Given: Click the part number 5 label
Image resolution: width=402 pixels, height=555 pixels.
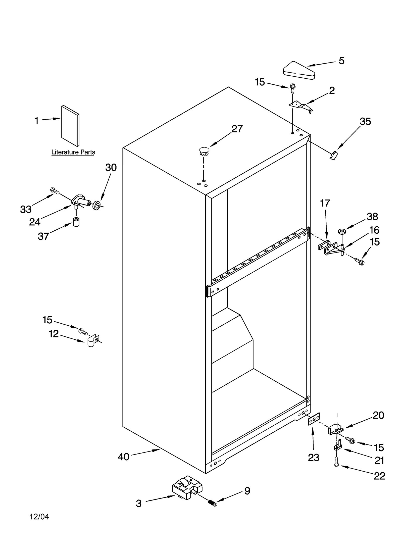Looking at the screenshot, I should tap(341, 61).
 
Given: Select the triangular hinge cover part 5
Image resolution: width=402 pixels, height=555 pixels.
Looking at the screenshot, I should tap(299, 71).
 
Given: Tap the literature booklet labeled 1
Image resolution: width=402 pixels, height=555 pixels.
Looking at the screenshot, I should tap(70, 126).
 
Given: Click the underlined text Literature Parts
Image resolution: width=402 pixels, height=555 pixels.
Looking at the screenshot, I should tap(73, 152).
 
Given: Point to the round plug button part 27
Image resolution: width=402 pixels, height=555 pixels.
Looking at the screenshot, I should tap(204, 151).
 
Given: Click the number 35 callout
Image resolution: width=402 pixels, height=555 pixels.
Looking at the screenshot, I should tap(365, 122).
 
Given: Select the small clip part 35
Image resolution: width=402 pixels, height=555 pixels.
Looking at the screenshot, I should tap(333, 156).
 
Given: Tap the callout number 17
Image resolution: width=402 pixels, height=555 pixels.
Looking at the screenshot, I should tap(325, 203).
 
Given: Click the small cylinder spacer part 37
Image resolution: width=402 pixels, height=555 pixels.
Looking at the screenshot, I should tap(76, 222).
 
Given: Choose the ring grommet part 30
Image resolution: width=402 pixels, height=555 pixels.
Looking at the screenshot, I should tap(96, 205).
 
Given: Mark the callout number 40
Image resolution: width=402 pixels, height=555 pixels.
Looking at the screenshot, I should tap(123, 457).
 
